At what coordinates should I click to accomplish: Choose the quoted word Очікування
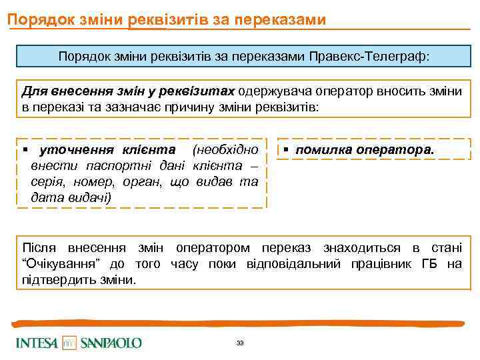point(61,264)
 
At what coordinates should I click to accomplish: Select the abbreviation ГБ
point(429,264)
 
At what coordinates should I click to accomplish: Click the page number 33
point(240,343)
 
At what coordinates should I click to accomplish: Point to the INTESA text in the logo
point(37,343)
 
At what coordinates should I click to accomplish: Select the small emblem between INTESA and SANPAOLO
point(69,343)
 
